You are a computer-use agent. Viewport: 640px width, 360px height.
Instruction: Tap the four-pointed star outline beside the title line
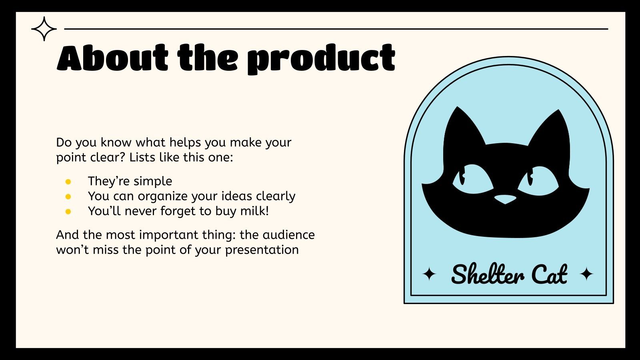(x=44, y=29)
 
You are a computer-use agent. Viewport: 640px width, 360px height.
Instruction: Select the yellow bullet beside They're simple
(x=68, y=182)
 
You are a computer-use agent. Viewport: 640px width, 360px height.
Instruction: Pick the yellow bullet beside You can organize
(x=68, y=197)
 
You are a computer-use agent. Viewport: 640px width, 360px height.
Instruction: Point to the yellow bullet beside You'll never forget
(x=68, y=212)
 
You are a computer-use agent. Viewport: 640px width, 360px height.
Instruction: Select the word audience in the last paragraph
(x=288, y=234)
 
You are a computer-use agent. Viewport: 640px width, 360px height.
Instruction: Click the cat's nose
(x=505, y=199)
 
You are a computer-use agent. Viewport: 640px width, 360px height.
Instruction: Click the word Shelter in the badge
(x=487, y=274)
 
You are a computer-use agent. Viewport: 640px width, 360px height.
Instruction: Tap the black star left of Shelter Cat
(x=429, y=274)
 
